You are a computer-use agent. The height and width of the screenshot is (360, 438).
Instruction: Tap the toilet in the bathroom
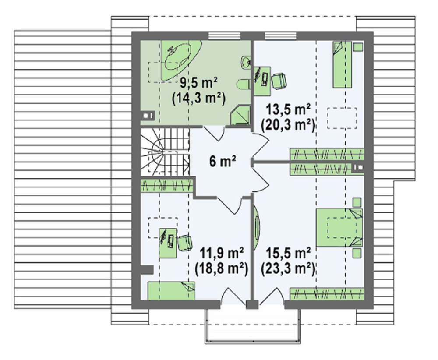244,85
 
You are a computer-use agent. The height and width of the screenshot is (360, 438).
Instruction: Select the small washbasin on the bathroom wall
246,63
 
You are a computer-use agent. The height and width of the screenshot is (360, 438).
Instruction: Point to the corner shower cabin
240,115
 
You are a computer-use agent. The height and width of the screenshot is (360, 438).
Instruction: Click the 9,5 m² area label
198,83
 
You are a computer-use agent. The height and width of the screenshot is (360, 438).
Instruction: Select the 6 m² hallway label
223,161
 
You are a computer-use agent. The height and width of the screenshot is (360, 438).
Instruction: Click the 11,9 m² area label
221,253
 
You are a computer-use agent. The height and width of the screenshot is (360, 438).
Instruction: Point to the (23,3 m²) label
288,268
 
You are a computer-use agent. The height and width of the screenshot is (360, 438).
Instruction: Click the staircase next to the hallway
165,152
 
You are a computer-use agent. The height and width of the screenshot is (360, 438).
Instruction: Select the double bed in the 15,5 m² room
339,228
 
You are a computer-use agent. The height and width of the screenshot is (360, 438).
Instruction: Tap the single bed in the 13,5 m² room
342,64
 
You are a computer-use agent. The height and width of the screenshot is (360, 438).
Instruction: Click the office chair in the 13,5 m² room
279,81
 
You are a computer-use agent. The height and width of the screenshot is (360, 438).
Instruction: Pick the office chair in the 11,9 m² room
185,243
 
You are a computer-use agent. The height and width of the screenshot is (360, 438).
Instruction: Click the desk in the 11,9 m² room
168,243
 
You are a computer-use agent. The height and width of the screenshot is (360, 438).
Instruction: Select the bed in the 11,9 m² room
171,291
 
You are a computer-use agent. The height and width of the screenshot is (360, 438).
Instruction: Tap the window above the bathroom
224,36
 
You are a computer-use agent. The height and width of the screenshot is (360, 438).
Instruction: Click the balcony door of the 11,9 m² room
233,297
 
